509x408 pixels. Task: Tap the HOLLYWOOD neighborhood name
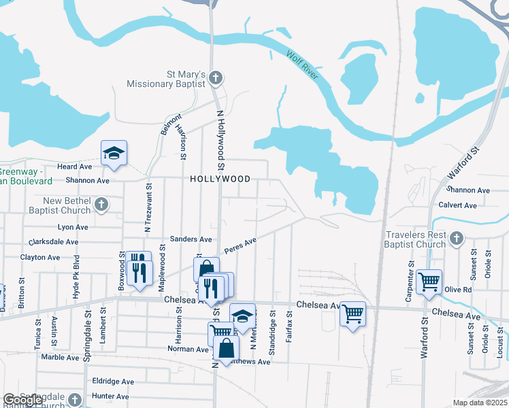click(220, 179)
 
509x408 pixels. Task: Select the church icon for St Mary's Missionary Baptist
click(216, 78)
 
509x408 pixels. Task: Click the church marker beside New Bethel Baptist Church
click(101, 204)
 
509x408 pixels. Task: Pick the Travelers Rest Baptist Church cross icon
click(457, 238)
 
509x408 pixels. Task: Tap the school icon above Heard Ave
click(114, 154)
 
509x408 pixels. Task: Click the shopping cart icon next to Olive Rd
click(429, 281)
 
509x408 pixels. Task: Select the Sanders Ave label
click(191, 239)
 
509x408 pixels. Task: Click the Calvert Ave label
click(457, 205)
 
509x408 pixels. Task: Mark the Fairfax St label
click(289, 326)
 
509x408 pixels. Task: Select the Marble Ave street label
click(60, 357)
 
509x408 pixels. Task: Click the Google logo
click(23, 401)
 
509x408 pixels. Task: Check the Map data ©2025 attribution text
click(480, 403)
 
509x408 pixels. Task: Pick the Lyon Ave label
click(73, 227)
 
